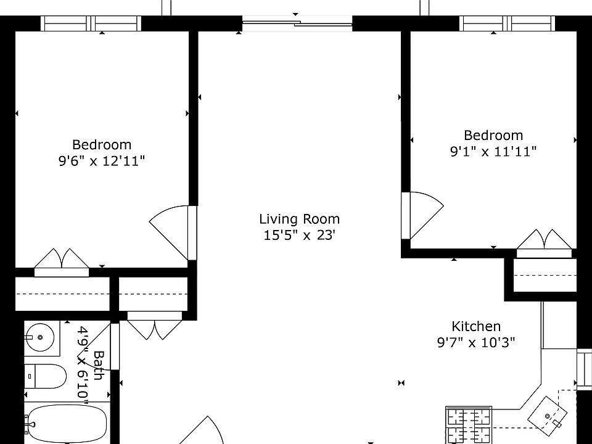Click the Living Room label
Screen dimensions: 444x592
pos(299,219)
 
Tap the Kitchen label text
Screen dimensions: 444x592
pos(476,326)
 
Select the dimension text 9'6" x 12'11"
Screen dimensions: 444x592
pos(102,161)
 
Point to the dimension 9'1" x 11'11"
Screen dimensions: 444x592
pos(493,151)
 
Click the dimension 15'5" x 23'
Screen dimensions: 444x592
pos(299,235)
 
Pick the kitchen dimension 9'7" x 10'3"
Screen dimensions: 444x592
pos(476,342)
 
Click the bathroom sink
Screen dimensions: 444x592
pos(41,337)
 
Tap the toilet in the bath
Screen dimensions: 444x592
pos(46,376)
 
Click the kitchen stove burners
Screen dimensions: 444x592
pos(468,424)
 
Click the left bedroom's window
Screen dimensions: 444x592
pos(91,23)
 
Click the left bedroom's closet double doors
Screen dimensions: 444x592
pos(62,260)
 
